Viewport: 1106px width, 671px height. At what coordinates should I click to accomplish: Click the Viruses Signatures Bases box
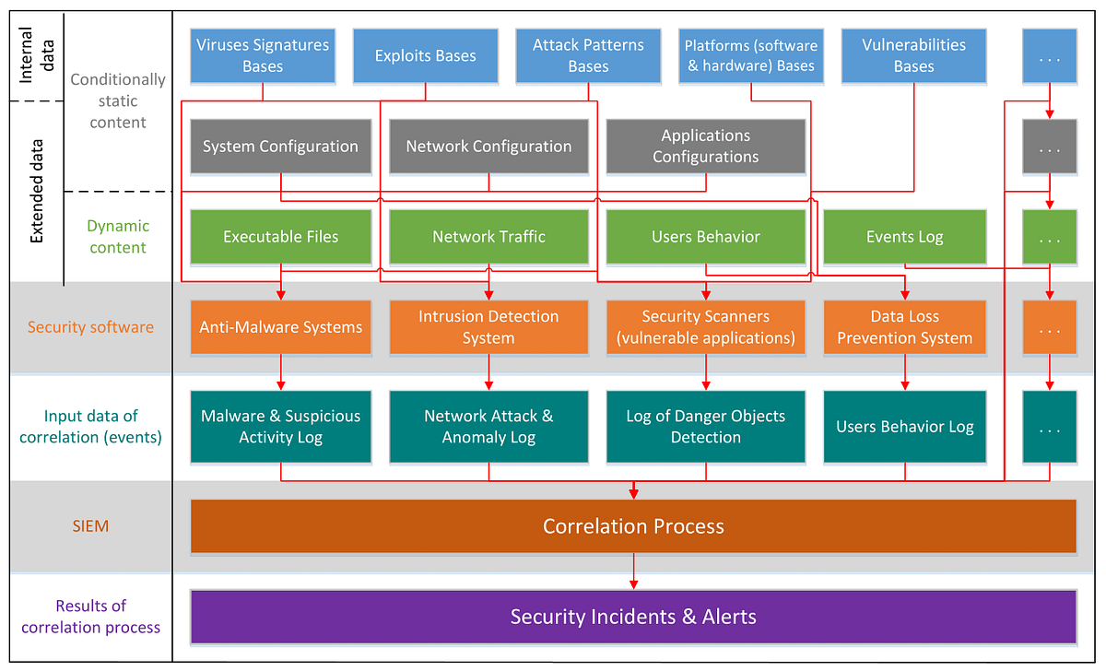tap(263, 55)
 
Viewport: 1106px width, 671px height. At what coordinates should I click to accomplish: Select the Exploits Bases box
tap(425, 55)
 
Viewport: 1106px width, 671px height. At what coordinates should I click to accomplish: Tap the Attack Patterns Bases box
tap(588, 55)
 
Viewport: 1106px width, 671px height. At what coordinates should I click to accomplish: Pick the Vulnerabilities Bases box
tap(913, 55)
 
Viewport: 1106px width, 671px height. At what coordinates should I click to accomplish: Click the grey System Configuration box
tap(280, 147)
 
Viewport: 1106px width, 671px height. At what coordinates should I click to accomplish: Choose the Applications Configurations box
tap(705, 147)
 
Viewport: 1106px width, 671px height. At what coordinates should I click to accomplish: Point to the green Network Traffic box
tap(488, 237)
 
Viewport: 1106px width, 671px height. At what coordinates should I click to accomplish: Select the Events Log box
tap(904, 237)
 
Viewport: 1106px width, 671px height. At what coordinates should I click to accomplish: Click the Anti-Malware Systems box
tap(280, 327)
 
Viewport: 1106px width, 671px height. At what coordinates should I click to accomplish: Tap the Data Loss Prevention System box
tap(904, 327)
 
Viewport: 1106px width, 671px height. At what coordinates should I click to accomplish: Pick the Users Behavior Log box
tap(904, 427)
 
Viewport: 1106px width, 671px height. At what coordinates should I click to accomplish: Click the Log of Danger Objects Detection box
tap(705, 427)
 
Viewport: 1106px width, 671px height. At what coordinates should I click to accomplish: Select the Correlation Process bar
tap(633, 526)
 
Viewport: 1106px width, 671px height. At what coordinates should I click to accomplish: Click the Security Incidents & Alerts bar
tap(633, 617)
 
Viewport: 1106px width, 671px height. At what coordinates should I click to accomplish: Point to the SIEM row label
tap(90, 526)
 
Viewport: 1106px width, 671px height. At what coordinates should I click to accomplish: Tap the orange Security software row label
tap(90, 327)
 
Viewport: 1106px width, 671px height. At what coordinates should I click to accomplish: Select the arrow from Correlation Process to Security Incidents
tap(633, 571)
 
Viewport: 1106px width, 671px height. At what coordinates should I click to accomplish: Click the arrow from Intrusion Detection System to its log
tap(488, 372)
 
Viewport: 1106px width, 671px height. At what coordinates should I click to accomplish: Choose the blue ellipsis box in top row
tap(1049, 55)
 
